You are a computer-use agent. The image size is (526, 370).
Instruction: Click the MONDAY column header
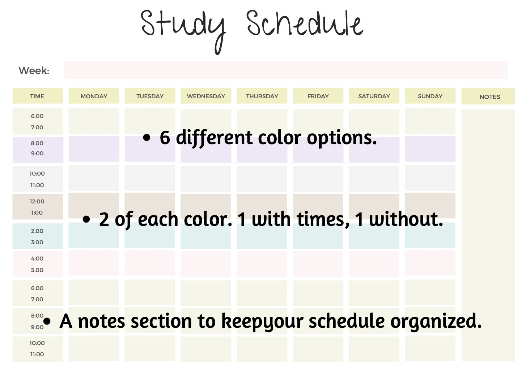[94, 96]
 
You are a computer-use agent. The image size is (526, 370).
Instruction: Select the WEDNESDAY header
[206, 96]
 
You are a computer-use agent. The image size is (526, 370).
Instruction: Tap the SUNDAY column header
[430, 96]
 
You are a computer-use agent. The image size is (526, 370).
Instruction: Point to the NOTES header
[489, 97]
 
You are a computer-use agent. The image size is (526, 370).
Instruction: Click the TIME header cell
[37, 96]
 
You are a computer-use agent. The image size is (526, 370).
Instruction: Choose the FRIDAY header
[318, 96]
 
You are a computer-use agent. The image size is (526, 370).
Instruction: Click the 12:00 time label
[37, 201]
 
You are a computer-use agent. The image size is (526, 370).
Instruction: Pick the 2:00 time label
[37, 231]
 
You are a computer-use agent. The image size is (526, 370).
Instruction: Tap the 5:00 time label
[37, 270]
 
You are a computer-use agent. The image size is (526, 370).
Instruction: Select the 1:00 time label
[37, 212]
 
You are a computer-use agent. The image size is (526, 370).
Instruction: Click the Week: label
[34, 70]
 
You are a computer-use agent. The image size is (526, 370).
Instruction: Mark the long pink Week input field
[285, 70]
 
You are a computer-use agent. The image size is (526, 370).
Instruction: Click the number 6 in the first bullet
[165, 138]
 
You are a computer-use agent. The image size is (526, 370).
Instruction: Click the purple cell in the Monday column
[94, 149]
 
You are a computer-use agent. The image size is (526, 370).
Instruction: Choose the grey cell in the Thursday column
[262, 178]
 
